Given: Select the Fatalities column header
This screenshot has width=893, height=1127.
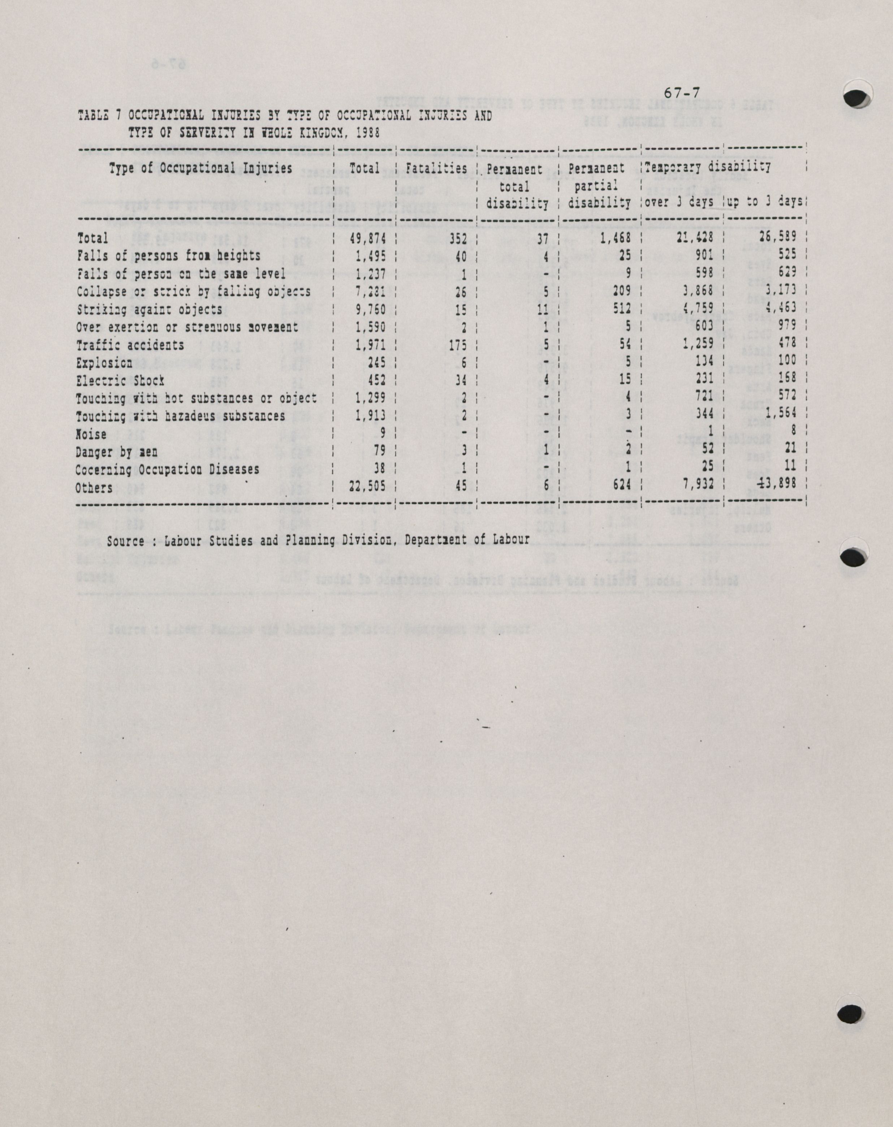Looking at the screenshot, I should click(x=436, y=168).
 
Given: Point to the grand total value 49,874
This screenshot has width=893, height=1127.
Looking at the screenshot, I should click(x=367, y=238).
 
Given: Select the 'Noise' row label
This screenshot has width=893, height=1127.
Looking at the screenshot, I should click(x=91, y=434).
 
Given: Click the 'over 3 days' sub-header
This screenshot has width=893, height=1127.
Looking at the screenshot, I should click(x=679, y=202).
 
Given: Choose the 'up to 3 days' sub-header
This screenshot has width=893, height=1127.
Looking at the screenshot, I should click(x=765, y=202).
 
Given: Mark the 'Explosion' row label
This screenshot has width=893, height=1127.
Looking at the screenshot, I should click(x=104, y=363).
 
